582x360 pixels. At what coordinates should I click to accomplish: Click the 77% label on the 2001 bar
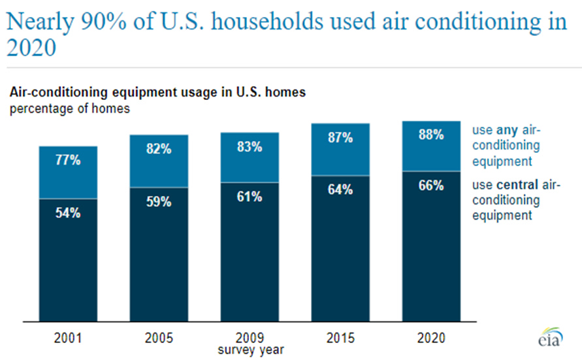pos(68,160)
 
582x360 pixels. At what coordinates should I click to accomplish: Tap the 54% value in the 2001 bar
pos(68,212)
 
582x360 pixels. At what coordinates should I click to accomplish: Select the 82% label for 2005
pos(159,149)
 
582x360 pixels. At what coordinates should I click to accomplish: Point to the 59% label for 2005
pos(159,202)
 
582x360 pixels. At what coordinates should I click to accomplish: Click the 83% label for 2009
pos(250,147)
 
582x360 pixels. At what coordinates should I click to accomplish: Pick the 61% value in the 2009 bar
pos(250,197)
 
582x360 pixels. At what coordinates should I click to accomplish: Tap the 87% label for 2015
pos(340,138)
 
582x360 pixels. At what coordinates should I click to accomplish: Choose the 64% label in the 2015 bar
pos(340,190)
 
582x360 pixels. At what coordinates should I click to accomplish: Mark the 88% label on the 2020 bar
pos(431,135)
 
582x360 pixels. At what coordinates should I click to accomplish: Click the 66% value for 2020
pos(431,186)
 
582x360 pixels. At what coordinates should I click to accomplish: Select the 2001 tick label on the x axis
pos(68,338)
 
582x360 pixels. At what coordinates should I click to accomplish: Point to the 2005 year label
pos(159,338)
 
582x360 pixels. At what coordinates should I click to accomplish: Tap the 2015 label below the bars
pos(340,338)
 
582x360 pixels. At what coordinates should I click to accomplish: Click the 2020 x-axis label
pos(431,338)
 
